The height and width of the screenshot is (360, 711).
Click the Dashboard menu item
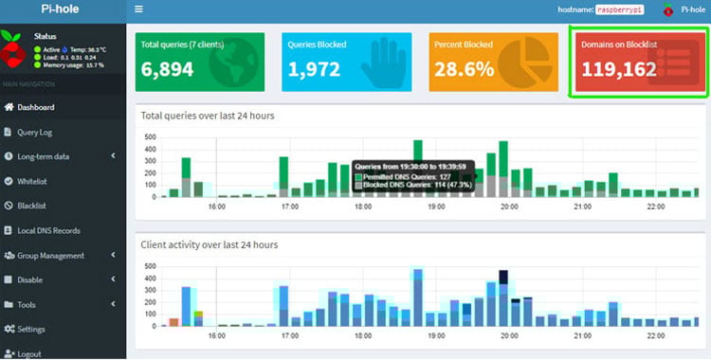point(35,107)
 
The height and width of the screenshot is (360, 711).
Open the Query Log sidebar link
point(36,132)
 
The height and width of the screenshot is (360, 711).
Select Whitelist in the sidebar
point(33,181)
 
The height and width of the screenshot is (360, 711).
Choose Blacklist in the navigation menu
point(32,206)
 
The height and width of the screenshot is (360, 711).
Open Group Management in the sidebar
point(50,255)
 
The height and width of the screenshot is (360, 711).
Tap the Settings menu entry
point(31,329)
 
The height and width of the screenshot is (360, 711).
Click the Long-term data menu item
point(43,156)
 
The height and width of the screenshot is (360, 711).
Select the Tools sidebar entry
point(26,304)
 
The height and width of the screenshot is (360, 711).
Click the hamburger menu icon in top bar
point(139,9)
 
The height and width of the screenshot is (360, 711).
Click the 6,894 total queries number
point(167,69)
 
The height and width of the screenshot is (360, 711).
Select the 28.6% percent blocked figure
point(463,69)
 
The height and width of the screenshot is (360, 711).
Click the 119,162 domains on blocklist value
point(619,69)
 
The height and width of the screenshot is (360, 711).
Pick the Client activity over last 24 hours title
point(210,244)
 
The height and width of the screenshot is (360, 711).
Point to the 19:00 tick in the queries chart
point(436,206)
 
